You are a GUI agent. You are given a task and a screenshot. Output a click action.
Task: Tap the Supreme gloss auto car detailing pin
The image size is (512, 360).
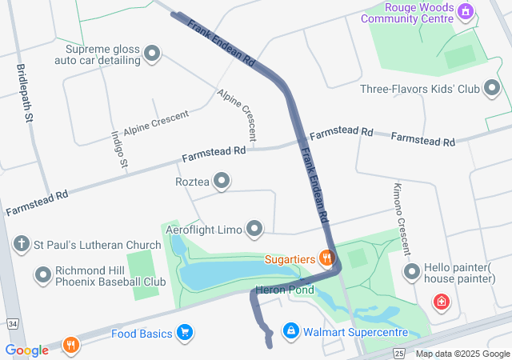coord(152,54)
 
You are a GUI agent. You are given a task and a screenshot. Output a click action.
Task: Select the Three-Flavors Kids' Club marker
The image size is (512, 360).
coord(490,89)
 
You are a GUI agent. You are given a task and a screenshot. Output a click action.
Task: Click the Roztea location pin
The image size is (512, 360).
coord(221,182)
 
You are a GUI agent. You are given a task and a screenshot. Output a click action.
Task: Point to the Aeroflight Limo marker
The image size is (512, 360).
coord(255,230)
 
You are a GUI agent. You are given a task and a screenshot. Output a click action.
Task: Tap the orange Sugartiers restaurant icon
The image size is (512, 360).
coord(326,258)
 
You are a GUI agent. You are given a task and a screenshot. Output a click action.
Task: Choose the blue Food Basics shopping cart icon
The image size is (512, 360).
coord(185,332)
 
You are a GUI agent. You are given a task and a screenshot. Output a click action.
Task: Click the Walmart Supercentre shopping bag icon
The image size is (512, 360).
coord(291,330)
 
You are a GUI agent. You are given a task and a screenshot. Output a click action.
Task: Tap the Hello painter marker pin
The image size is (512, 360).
coord(412,273)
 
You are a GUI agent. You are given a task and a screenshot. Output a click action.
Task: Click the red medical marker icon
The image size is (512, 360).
coord(440,302)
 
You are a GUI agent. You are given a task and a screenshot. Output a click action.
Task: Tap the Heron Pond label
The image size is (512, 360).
coord(285,290)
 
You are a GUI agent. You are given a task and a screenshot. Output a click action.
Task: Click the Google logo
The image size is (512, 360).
coord(26,350)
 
